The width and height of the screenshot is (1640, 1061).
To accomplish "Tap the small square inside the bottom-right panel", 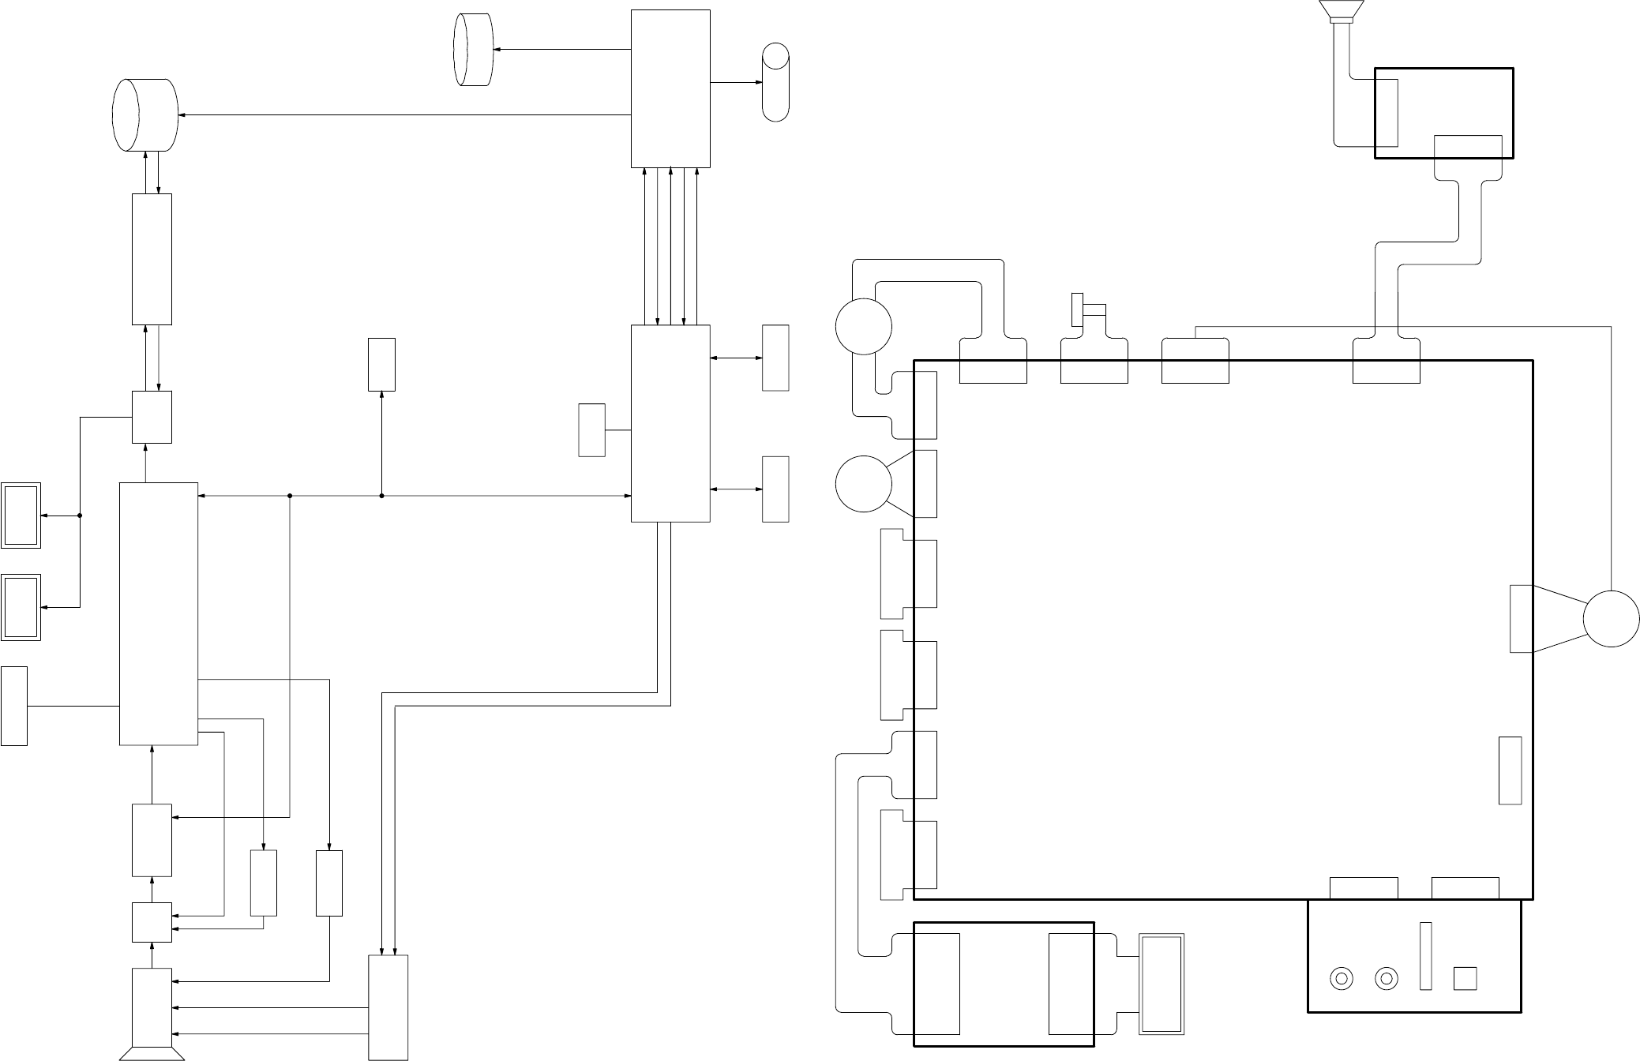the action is point(1465,978).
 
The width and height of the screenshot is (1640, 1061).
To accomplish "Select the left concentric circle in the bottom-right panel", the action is point(1341,979).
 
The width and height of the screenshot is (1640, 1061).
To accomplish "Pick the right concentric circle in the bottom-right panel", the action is point(1386,979).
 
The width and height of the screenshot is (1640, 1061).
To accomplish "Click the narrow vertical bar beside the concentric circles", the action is point(1425,955).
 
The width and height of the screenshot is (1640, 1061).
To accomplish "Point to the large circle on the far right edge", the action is point(1611,618).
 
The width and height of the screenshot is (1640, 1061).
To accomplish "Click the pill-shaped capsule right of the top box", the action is point(775,82).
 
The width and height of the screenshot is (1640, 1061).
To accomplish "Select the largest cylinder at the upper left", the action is point(145,114).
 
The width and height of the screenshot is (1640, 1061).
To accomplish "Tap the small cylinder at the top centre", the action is point(474,49).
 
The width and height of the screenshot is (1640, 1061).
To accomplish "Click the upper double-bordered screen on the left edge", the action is point(21,515).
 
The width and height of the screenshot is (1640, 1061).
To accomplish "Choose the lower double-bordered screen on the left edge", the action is point(21,607).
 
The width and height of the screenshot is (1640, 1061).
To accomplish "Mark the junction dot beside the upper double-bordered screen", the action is point(80,516).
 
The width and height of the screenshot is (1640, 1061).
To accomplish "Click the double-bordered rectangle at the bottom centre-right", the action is point(1162,984).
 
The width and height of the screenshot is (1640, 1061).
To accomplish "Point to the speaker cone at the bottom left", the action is point(152,1053).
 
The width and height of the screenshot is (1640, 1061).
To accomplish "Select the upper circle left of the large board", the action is point(864,326).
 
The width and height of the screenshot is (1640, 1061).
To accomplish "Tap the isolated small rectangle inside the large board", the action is point(1510,770).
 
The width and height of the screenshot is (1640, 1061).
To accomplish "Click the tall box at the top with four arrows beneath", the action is point(670,88).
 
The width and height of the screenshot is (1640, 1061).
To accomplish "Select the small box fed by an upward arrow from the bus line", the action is point(381,364).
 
